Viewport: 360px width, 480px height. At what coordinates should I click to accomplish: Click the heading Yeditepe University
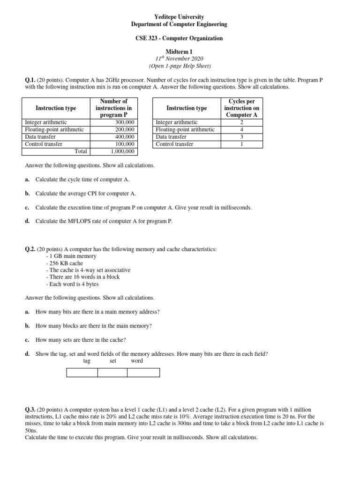180,17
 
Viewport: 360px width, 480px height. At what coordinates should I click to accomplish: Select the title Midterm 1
180,51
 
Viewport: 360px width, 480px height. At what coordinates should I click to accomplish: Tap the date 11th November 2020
180,58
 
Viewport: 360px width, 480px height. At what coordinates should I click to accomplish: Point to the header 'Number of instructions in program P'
114,108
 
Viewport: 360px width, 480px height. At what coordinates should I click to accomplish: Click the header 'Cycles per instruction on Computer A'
241,108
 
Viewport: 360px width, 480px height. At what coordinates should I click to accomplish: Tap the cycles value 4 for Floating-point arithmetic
241,129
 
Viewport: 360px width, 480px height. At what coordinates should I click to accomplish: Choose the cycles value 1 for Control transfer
241,144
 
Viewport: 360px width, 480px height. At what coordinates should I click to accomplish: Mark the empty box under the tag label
82,373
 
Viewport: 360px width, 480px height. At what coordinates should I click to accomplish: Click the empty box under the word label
143,373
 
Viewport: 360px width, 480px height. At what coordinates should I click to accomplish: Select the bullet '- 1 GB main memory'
71,256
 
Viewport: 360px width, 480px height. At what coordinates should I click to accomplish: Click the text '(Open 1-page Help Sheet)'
180,66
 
